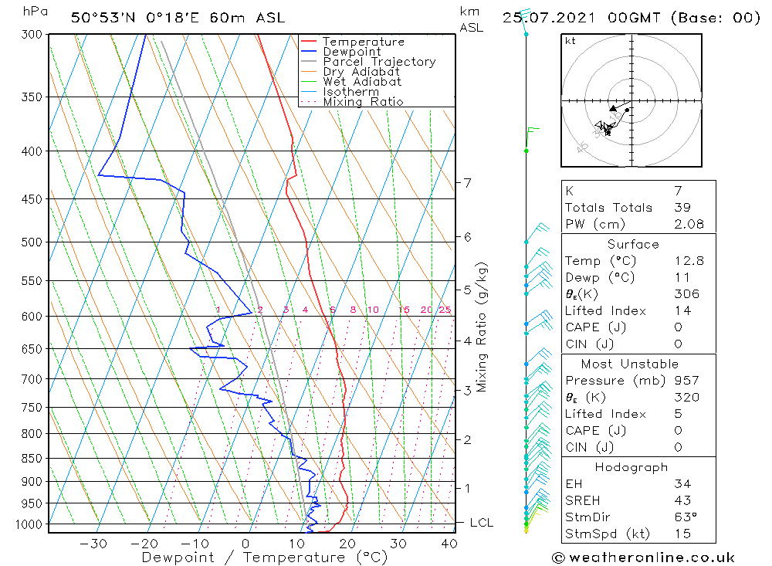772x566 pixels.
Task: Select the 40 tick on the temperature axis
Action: tap(448, 544)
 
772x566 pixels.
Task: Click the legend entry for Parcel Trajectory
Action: tap(379, 62)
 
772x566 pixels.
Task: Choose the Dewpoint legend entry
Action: tap(351, 52)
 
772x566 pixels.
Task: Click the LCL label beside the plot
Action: tap(481, 523)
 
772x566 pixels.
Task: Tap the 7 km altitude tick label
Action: tap(466, 182)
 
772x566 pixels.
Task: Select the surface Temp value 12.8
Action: tap(687, 261)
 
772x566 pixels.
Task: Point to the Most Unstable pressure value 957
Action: tap(686, 381)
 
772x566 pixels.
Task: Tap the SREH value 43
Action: tap(682, 500)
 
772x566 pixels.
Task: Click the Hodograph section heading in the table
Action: tap(631, 467)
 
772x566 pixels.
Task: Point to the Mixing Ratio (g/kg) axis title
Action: tap(482, 327)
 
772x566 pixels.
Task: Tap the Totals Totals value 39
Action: tap(682, 207)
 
